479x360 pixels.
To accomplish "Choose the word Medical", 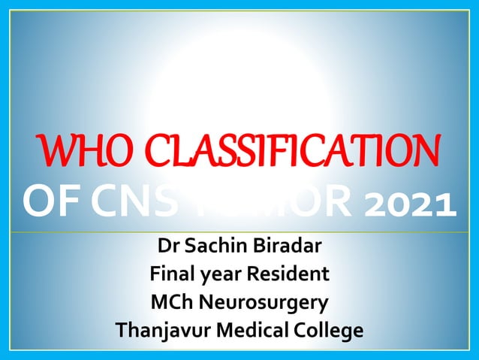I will tap(253, 331).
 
